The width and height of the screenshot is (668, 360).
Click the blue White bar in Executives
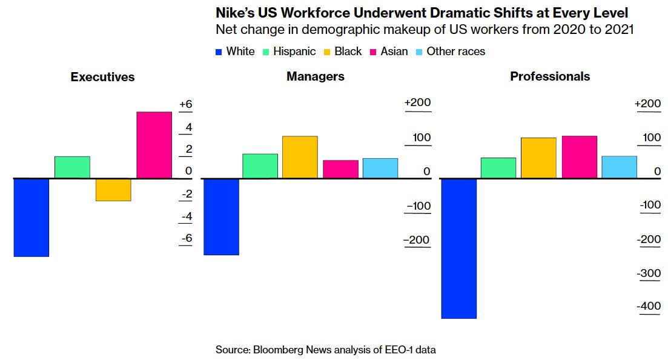(x=31, y=218)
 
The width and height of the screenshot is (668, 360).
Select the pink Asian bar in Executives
(x=154, y=145)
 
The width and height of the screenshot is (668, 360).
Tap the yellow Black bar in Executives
(x=113, y=190)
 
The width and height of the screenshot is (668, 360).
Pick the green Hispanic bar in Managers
(x=260, y=166)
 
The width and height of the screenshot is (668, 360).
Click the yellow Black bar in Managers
(x=300, y=158)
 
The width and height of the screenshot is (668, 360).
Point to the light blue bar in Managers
(x=380, y=168)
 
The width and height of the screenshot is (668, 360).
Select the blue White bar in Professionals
(x=458, y=248)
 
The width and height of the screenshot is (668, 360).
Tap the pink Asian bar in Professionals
(x=579, y=157)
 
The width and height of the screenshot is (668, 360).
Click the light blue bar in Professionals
(x=619, y=167)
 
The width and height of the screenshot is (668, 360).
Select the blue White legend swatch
(x=219, y=52)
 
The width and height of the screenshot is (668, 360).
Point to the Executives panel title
(x=102, y=77)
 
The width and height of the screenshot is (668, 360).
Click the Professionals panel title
(x=550, y=76)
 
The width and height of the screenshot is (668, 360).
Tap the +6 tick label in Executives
(x=185, y=105)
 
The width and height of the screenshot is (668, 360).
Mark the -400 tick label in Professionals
(x=649, y=307)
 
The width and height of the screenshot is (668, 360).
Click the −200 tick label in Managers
(x=418, y=240)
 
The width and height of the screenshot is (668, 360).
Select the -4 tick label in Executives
(x=186, y=216)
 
